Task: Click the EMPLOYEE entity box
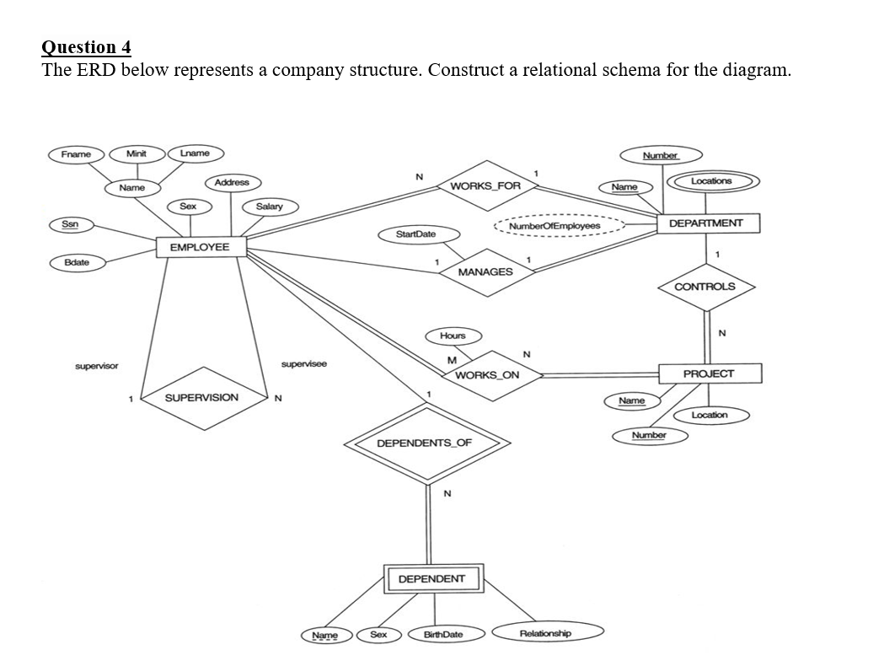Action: coord(200,247)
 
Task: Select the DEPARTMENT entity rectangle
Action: coord(705,223)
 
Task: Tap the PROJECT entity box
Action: coord(708,373)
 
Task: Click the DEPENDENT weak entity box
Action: coord(431,579)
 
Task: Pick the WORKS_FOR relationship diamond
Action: coord(485,185)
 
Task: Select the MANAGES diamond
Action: coord(485,272)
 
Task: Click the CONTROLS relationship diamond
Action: coord(705,287)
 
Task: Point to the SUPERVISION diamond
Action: coord(201,397)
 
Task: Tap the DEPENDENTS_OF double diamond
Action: coord(424,443)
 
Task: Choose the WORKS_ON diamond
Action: coord(485,375)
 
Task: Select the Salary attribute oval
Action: coord(269,207)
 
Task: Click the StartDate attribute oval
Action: coord(415,234)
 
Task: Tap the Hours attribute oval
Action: coord(453,336)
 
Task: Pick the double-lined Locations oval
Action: coord(711,181)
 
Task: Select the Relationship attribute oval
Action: coord(545,633)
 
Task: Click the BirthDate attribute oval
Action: coord(442,634)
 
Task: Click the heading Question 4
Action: coord(87,46)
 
